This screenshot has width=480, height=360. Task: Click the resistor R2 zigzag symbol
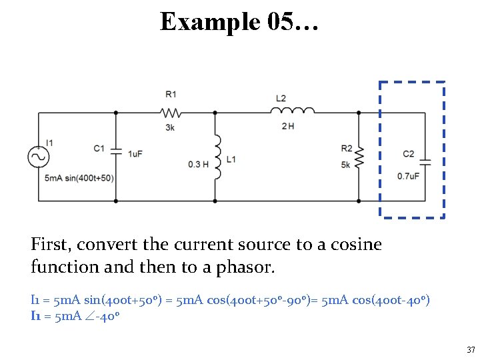tap(359, 157)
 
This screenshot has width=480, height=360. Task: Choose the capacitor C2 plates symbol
tap(425, 162)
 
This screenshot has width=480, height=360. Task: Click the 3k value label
tap(171, 127)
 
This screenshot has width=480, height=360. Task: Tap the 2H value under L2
tap(288, 127)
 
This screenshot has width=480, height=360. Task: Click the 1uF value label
tap(135, 154)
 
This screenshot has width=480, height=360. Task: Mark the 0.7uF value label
tap(408, 176)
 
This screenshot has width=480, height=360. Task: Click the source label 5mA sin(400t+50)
tap(79, 178)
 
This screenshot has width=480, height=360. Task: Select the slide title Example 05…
tap(239, 22)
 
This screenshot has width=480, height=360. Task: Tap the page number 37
tap(471, 350)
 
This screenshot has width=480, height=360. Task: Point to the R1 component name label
tap(171, 95)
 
